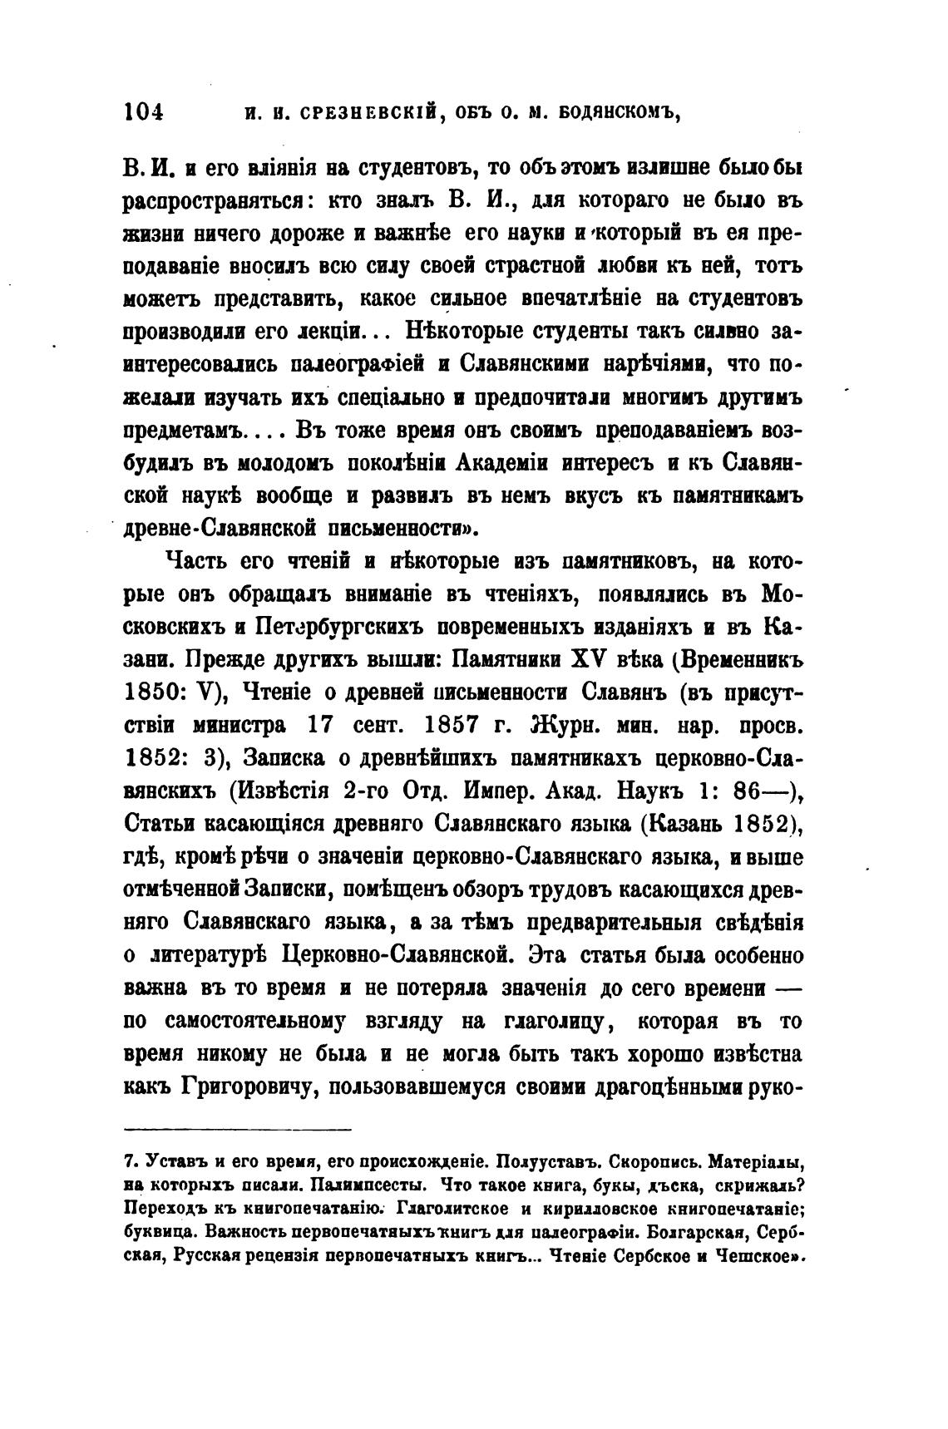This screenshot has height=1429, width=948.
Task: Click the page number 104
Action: tap(143, 112)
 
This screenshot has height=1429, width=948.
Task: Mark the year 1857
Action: tap(452, 725)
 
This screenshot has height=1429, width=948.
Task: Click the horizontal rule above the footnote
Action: tap(238, 1128)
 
